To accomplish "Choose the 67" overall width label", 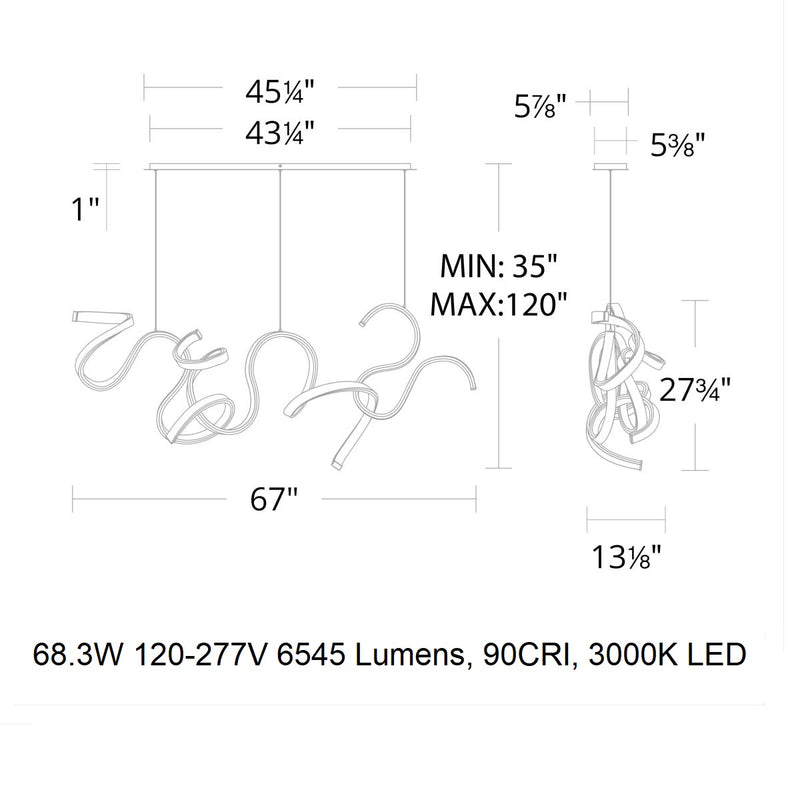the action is (274, 502).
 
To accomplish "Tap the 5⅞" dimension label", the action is (542, 103).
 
